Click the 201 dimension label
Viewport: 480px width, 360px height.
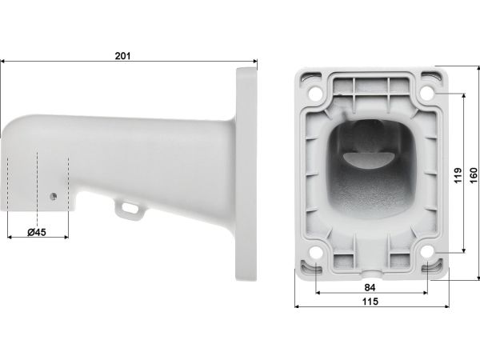(122, 56)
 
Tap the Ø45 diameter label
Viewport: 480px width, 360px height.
(37, 232)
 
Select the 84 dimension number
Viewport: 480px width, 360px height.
(370, 287)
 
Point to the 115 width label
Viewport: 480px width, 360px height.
(370, 302)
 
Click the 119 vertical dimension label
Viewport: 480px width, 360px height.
(458, 175)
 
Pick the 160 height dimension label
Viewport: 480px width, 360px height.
(474, 175)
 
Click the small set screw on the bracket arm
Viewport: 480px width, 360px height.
(54, 196)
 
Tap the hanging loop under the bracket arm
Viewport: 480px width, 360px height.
(129, 209)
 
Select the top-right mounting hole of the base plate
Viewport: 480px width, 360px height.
(427, 93)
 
